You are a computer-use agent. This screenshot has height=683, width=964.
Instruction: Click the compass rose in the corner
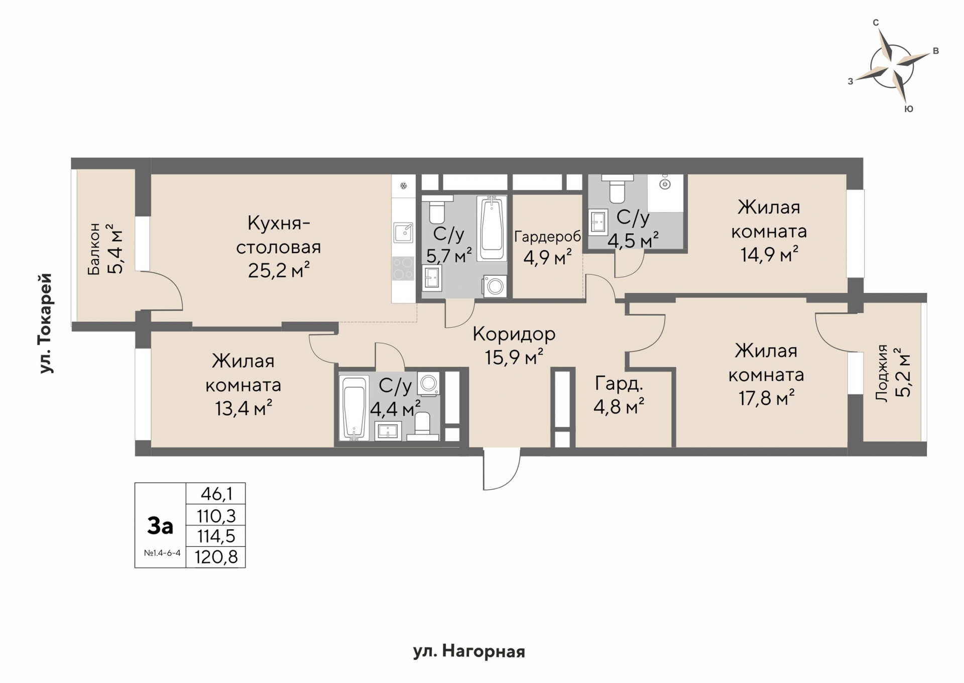(x=892, y=65)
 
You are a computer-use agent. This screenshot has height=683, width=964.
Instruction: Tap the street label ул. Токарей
(x=46, y=323)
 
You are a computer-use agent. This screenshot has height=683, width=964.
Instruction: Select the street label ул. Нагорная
(x=469, y=652)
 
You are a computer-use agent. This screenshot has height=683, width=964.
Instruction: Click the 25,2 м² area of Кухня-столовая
(x=279, y=271)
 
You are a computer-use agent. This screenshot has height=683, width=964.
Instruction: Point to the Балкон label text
(x=94, y=249)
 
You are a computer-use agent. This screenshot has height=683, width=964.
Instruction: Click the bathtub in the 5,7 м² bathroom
(x=492, y=229)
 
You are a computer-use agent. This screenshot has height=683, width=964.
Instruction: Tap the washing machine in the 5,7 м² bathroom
(x=495, y=286)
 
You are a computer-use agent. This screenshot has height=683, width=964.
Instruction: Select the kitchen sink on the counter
(x=403, y=233)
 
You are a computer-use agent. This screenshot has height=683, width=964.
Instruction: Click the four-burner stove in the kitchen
(x=403, y=268)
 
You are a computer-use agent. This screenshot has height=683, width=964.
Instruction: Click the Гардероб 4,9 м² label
(x=547, y=247)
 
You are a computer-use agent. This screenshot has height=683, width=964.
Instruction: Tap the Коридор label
(x=514, y=333)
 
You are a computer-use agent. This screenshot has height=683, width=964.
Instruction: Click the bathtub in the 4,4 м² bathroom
(x=354, y=408)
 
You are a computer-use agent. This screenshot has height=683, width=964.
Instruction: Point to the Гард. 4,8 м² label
(x=619, y=395)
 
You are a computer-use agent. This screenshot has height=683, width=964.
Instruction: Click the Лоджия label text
(x=882, y=373)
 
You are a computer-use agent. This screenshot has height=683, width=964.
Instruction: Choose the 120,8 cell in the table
(x=216, y=557)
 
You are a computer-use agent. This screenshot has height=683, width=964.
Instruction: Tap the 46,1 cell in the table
(x=216, y=494)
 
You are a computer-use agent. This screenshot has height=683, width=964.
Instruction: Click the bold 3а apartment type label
(x=160, y=526)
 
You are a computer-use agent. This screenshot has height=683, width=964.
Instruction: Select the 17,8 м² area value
(x=766, y=398)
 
